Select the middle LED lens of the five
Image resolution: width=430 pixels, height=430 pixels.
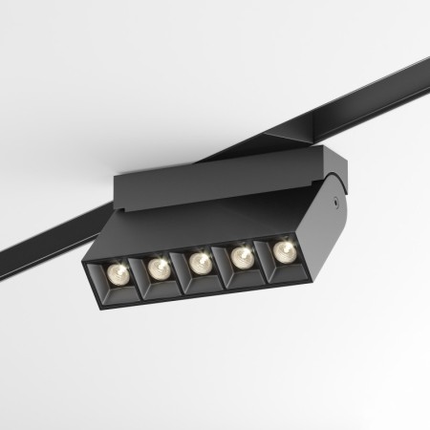point(199,262)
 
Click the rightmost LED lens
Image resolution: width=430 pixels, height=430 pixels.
point(283,251)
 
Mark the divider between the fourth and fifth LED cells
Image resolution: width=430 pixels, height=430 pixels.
point(263,259)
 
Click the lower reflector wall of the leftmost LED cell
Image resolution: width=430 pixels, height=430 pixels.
point(119,293)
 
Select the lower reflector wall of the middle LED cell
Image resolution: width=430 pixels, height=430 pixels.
point(201,284)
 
